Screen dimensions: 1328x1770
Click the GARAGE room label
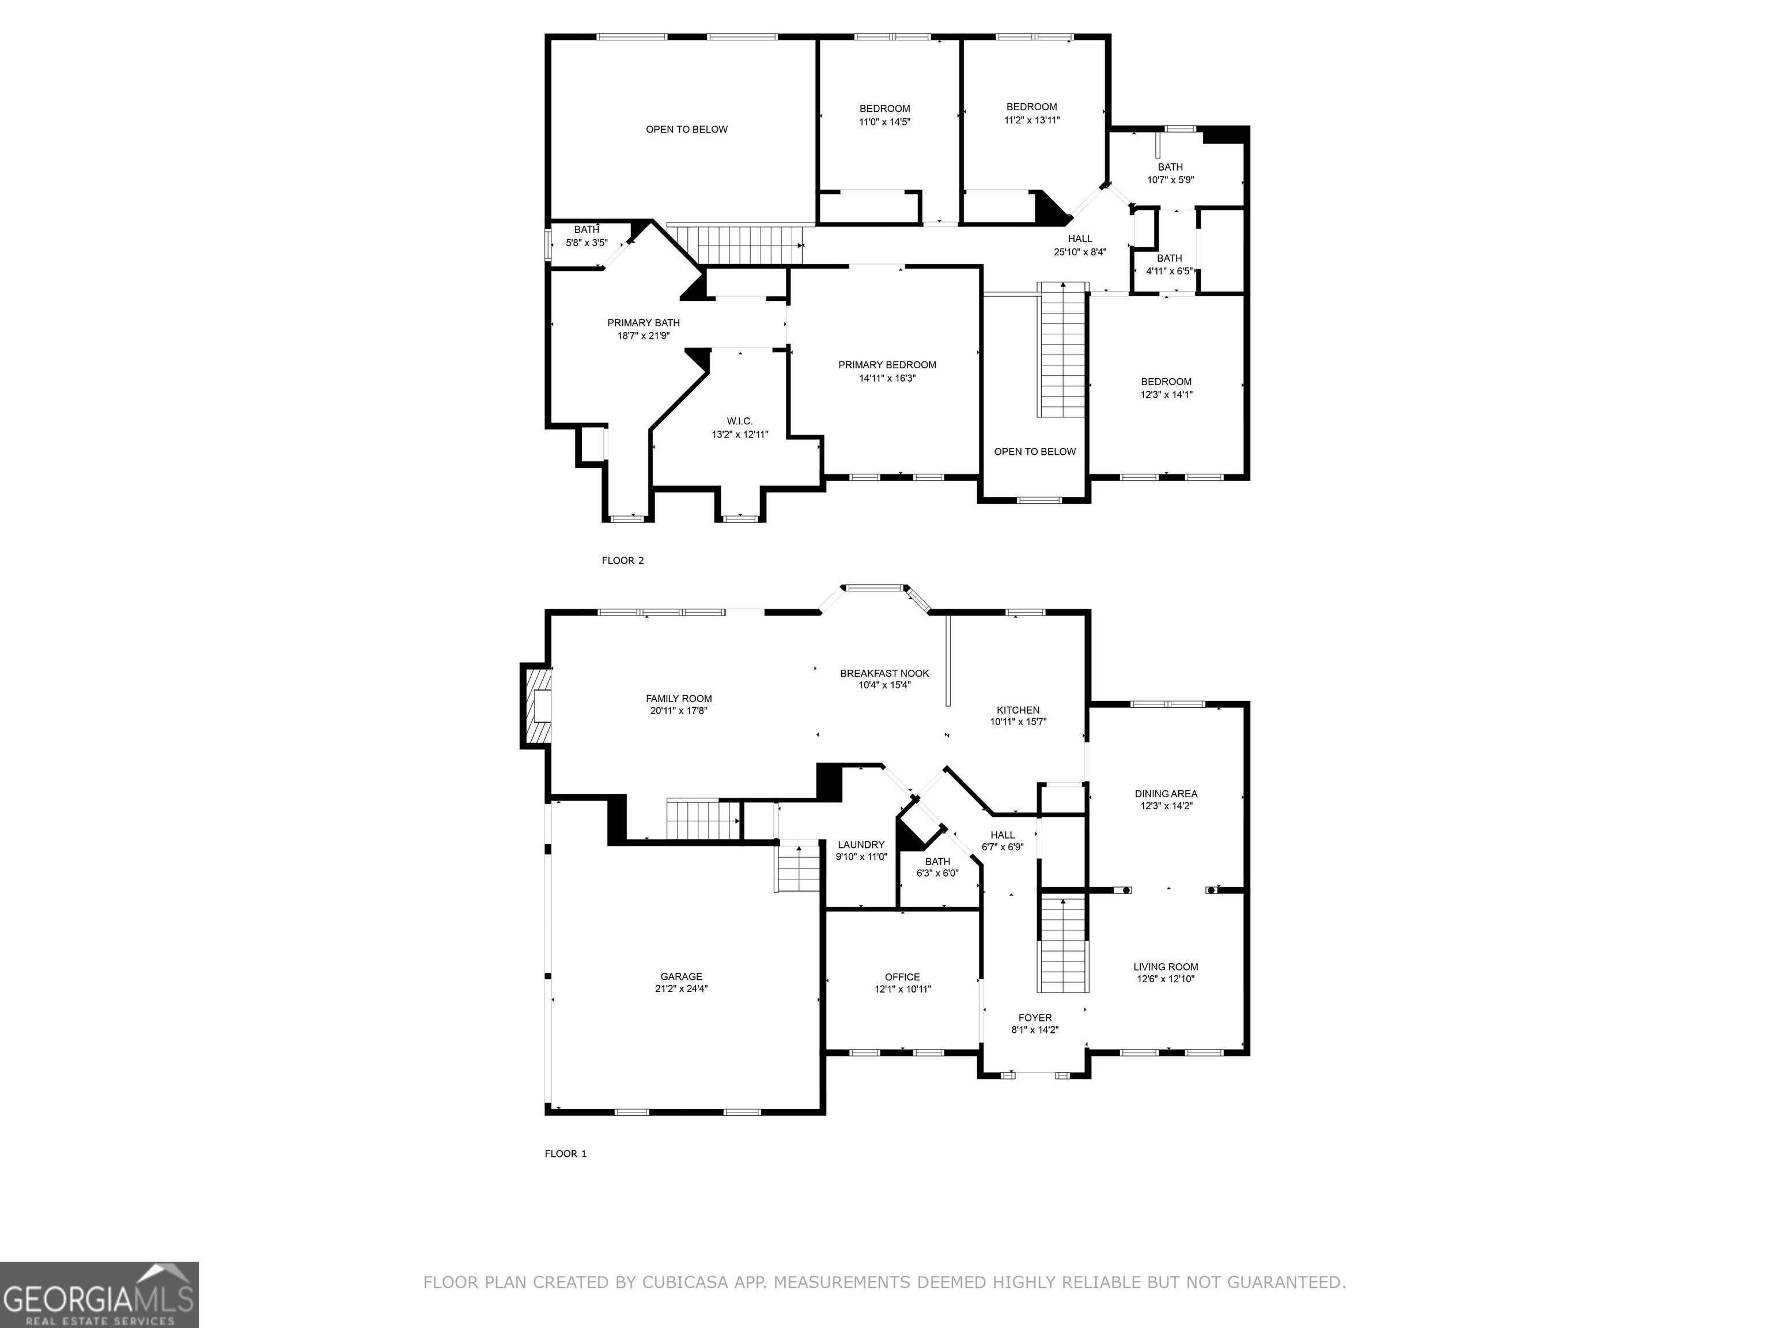click(681, 976)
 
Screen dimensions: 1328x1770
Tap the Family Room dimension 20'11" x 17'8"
click(679, 711)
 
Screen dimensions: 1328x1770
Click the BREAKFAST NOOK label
click(884, 673)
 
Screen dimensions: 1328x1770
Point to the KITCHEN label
click(1018, 710)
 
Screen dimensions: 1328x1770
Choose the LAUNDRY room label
click(861, 844)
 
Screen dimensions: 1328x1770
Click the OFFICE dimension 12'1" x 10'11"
click(903, 990)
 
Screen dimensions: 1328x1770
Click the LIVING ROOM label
click(1165, 967)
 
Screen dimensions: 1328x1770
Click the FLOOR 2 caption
click(622, 560)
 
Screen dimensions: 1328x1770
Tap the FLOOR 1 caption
click(566, 1153)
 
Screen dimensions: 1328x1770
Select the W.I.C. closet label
click(739, 421)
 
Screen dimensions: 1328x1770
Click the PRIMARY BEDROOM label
click(887, 365)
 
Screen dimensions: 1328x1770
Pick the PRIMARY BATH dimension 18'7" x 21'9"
click(644, 336)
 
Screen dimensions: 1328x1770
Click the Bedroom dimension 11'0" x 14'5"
click(885, 122)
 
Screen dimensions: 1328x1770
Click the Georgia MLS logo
click(99, 1295)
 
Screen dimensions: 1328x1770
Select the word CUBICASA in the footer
click(683, 1282)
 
